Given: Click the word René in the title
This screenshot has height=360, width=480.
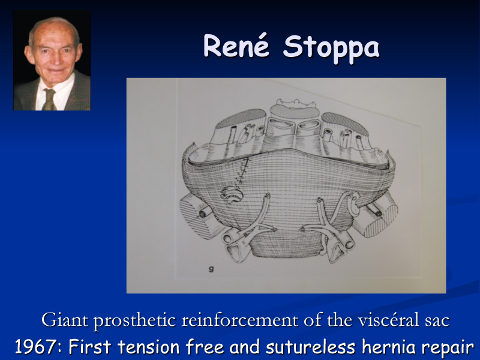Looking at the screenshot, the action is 236,46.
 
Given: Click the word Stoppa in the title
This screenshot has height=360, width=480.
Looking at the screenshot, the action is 332,49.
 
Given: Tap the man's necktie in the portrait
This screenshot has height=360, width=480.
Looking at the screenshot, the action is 49,99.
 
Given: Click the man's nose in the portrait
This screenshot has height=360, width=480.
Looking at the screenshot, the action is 55,57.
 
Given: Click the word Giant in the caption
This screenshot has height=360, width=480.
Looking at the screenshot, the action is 65,320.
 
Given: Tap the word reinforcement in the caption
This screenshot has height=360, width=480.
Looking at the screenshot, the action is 239,320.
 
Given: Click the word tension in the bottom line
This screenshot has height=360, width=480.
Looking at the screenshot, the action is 148,347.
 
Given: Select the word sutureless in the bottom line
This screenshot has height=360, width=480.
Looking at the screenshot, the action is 310,347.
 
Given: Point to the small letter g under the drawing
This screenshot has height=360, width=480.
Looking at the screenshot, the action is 211,269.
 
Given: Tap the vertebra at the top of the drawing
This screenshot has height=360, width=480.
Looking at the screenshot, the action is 295,104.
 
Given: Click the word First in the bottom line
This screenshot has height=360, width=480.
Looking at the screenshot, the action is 89,347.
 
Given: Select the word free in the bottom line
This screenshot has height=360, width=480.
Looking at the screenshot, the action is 205,347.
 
